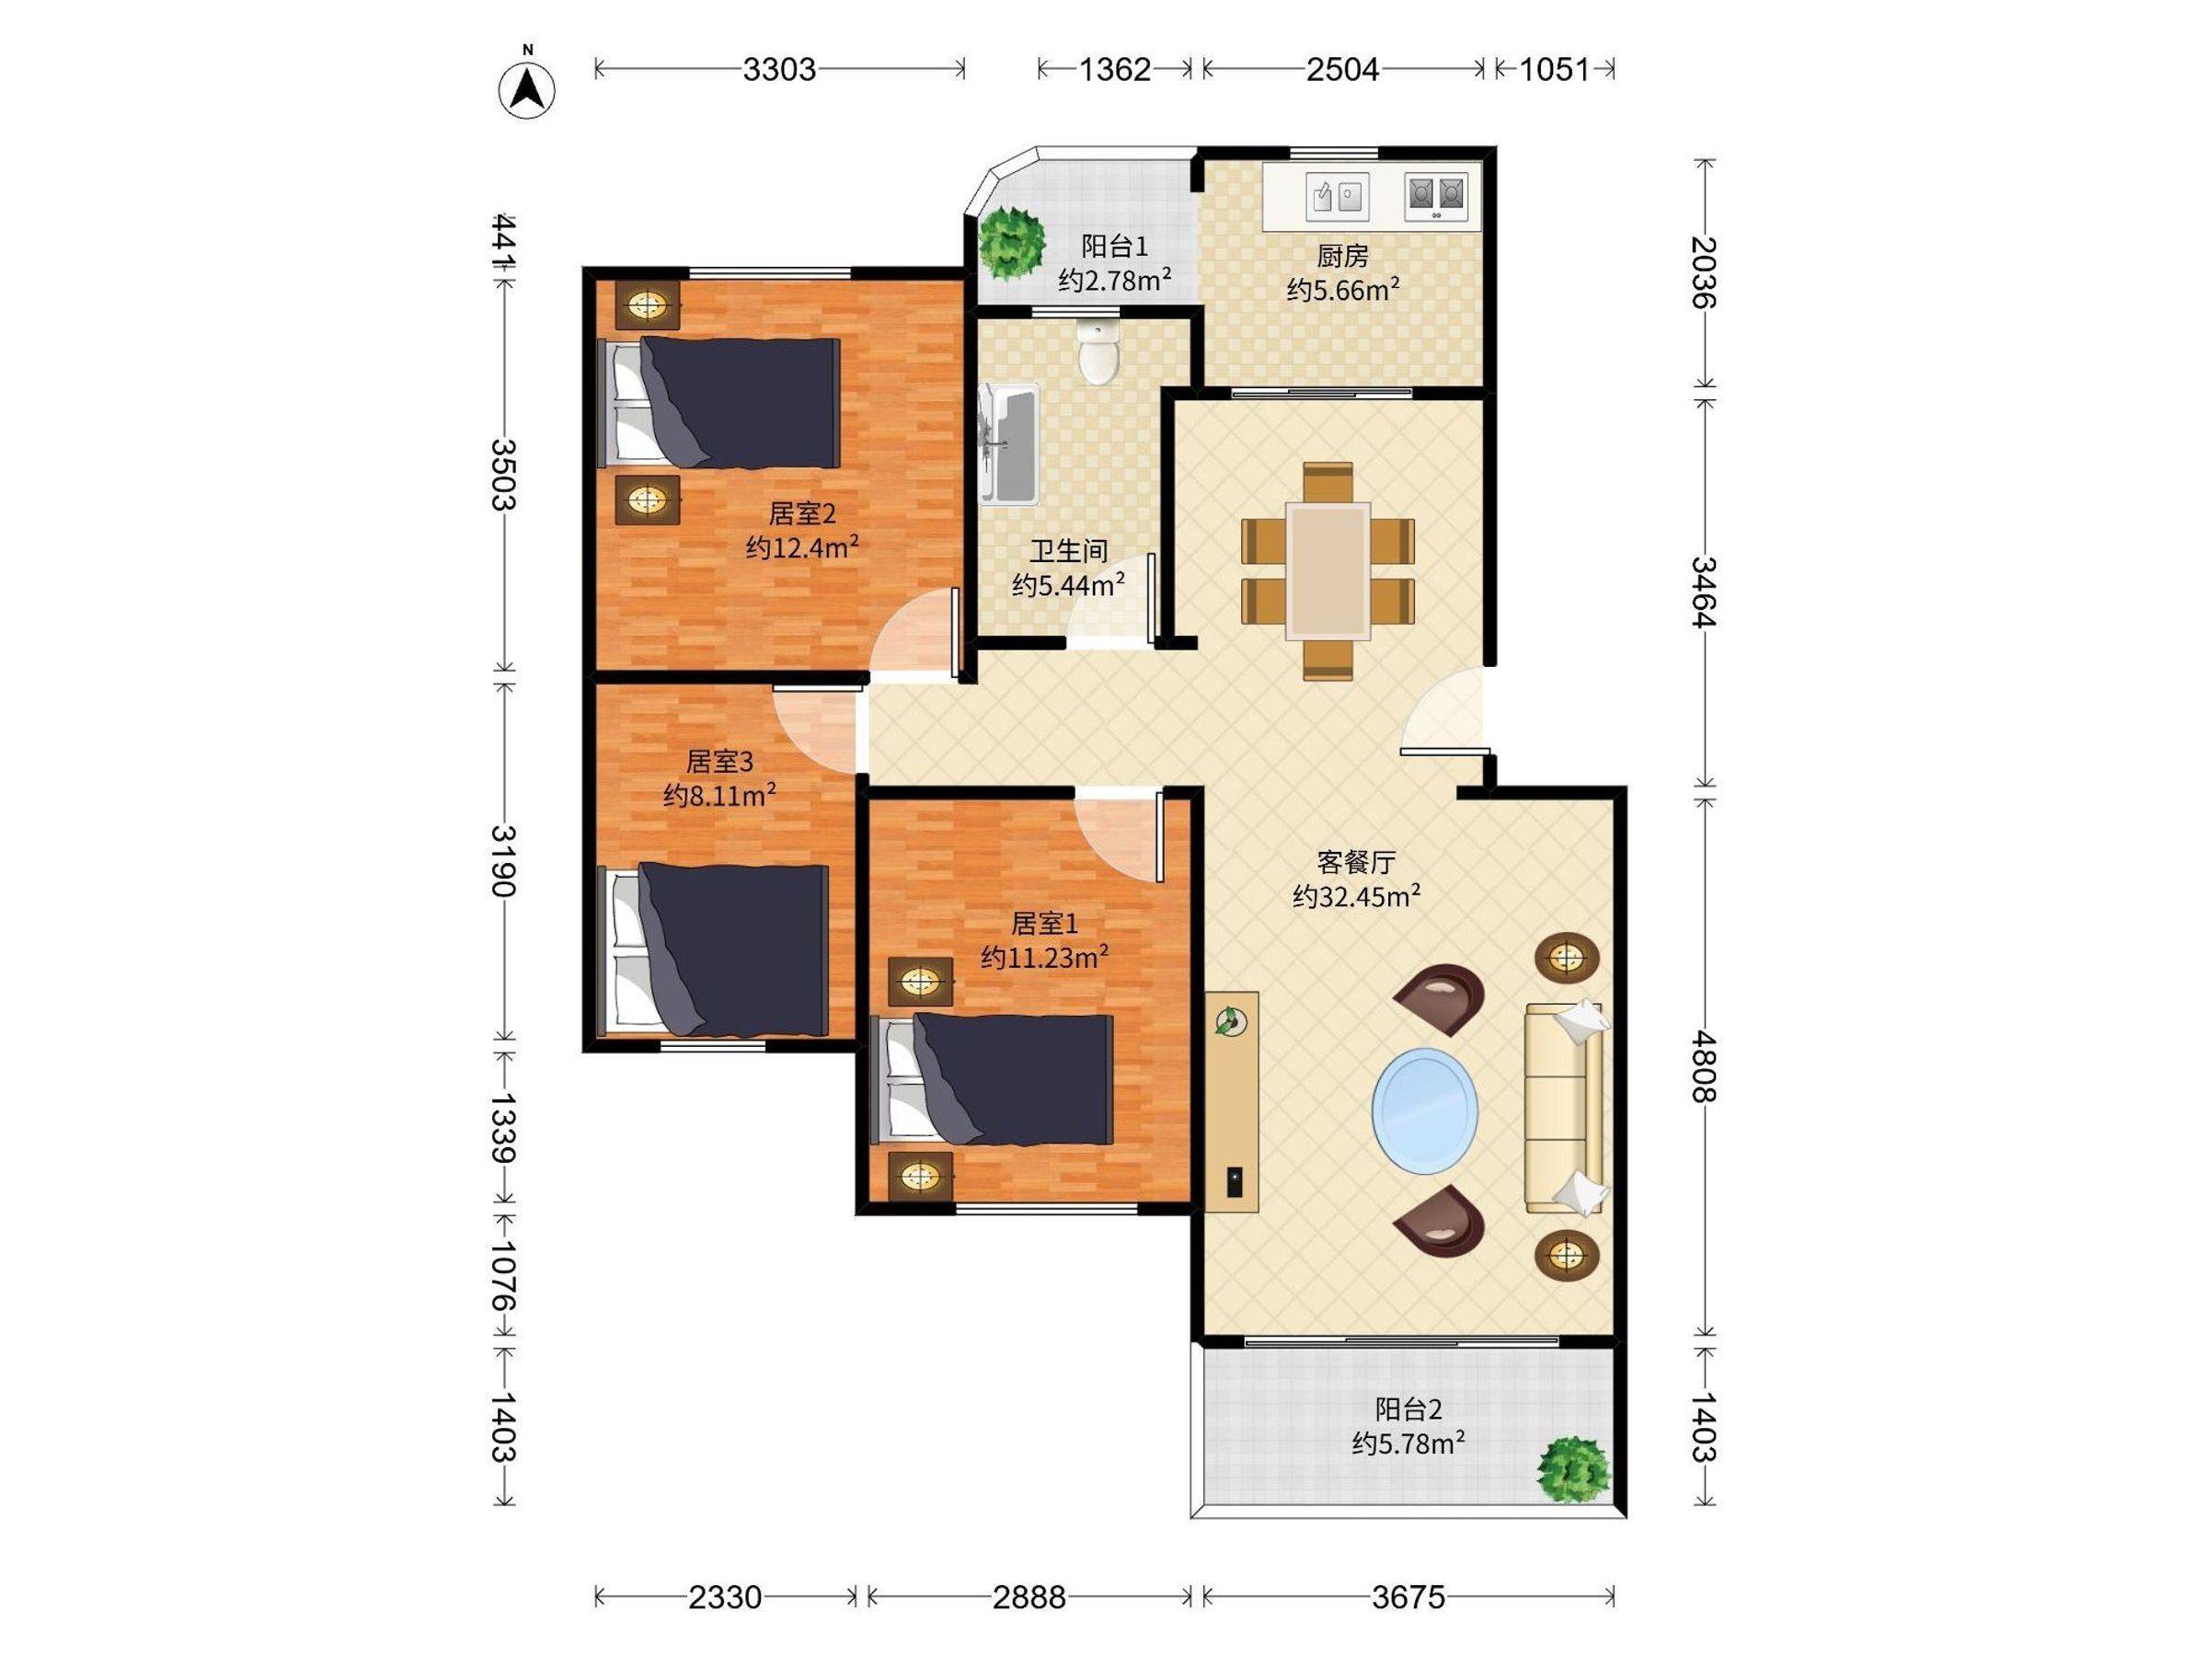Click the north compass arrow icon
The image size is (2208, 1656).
point(527,87)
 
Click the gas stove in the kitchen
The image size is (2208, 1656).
point(1436,196)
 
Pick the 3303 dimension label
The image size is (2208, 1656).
point(779,69)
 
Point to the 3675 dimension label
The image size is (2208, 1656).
point(1408,1598)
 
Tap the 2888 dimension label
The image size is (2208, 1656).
point(1029,1598)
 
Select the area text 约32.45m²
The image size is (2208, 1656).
point(1357,896)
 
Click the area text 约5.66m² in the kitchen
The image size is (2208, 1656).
point(1342,290)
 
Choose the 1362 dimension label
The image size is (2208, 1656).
point(1116,69)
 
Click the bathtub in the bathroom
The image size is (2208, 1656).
point(1008,445)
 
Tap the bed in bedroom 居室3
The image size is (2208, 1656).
point(713,949)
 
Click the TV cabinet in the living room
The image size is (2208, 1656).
point(1231,1102)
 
